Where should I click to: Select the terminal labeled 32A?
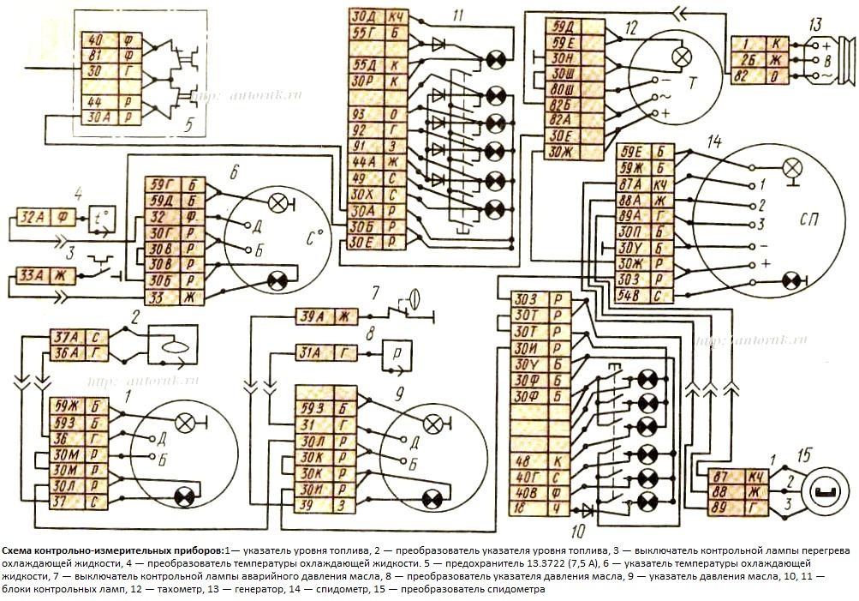click(31, 217)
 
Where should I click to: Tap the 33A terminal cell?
click(33, 276)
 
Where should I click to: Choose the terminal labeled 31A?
click(313, 352)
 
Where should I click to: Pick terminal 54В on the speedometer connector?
click(630, 297)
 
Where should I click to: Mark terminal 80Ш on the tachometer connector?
click(563, 88)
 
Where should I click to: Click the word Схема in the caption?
click(20, 550)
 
